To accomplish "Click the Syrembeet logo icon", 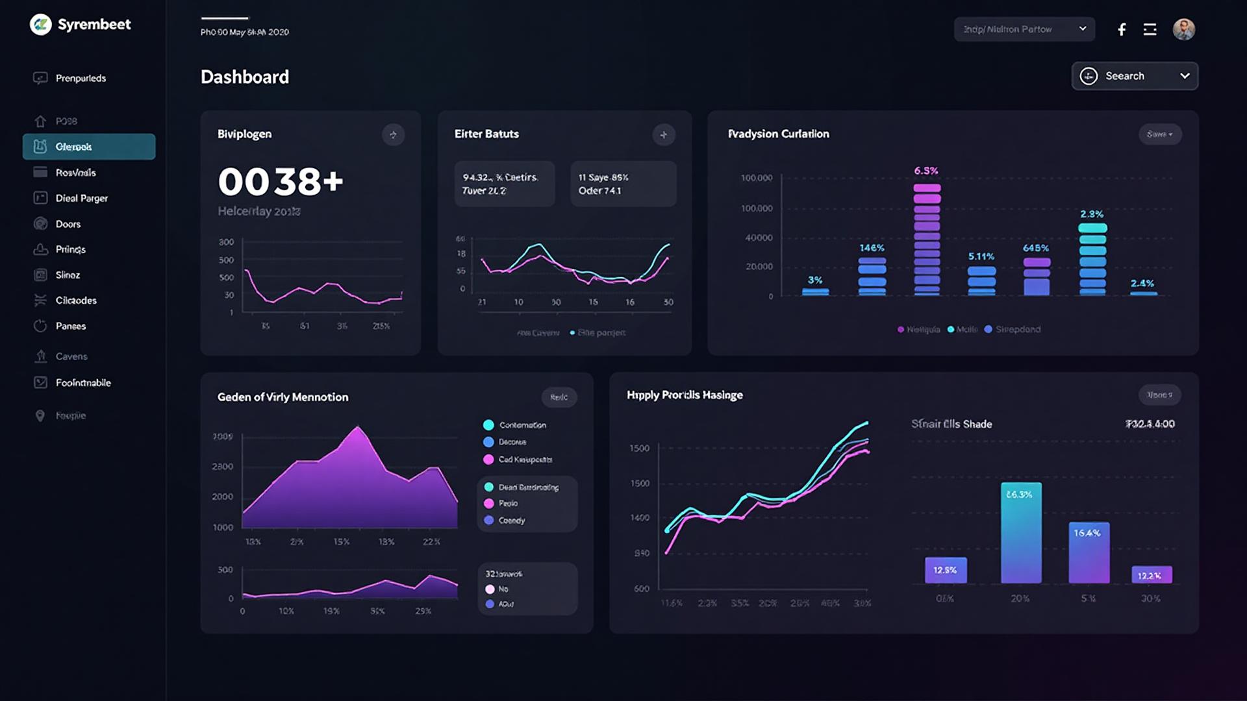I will point(40,25).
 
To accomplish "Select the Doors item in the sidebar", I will point(68,224).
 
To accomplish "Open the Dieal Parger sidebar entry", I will point(81,198).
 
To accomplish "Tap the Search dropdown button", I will point(1134,76).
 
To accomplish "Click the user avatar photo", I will point(1183,29).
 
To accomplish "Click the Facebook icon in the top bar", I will point(1122,29).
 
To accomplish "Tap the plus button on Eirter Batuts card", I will point(663,135).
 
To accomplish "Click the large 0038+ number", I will point(280,181).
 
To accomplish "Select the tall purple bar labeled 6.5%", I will point(927,240).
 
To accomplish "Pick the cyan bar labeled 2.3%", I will point(1092,260).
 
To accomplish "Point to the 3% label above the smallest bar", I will point(815,280).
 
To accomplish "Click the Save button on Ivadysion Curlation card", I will point(1159,134).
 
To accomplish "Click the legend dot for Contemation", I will point(488,425).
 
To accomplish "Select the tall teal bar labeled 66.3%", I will point(1021,532).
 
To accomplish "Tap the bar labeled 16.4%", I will point(1089,552).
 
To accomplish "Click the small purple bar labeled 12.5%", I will point(946,570).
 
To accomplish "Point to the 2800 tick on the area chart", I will point(222,467).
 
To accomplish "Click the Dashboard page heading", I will point(245,77).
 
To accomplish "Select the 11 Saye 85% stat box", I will point(623,184).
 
